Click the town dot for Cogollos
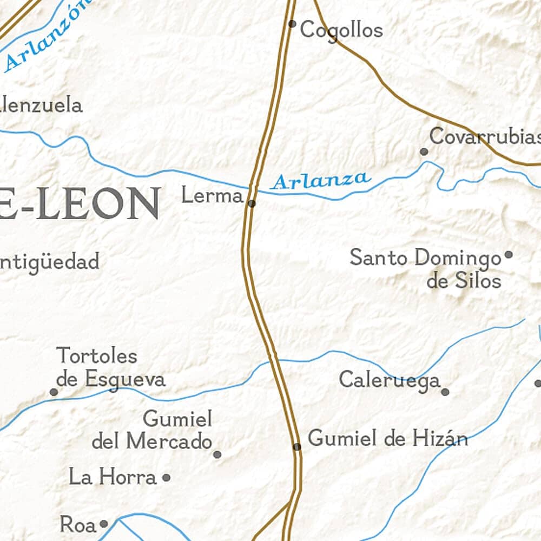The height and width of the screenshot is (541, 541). (x=292, y=24)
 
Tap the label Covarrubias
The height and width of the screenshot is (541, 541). (x=485, y=136)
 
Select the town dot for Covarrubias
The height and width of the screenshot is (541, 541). (x=424, y=152)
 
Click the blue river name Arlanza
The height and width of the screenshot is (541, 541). (x=321, y=180)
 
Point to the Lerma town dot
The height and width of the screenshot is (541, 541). (x=252, y=203)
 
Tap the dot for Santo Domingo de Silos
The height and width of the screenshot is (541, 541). (x=509, y=254)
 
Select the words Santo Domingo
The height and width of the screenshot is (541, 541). (x=426, y=258)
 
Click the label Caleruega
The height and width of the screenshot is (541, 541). (x=390, y=380)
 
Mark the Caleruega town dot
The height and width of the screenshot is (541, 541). (x=445, y=392)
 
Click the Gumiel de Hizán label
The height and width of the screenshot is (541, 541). (x=388, y=438)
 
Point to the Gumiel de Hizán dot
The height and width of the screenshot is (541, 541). (x=297, y=447)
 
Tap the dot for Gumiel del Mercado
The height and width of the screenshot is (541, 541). (x=217, y=454)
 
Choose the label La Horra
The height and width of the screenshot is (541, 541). (x=113, y=477)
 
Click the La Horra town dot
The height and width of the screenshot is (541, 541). (x=167, y=478)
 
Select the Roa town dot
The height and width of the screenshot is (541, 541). (x=103, y=524)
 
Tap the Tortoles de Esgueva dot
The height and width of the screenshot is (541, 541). (x=54, y=392)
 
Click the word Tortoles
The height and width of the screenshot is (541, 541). (x=97, y=356)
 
